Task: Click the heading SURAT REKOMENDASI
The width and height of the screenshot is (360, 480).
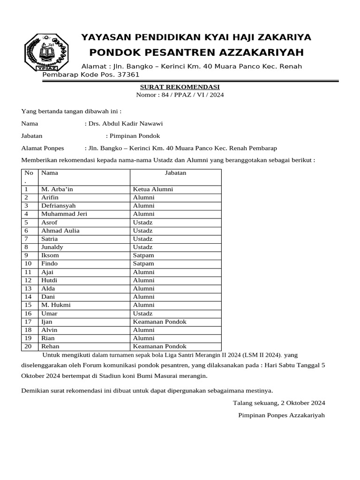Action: coord(180,87)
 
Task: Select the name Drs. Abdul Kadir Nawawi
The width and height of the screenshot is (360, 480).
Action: coord(126,124)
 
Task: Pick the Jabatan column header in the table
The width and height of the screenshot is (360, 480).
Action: coord(175,173)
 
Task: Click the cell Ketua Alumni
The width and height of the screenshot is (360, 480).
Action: coord(153,189)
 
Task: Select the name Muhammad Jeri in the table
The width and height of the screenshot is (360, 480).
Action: coord(64,214)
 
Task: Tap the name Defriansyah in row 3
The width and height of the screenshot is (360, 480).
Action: coord(58,206)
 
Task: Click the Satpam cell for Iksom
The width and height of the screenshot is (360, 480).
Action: coord(143,255)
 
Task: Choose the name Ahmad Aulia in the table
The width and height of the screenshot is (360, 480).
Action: coord(60,231)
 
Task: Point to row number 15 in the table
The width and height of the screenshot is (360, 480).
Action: coord(28,305)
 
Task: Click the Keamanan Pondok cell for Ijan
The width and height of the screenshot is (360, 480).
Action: coord(159,322)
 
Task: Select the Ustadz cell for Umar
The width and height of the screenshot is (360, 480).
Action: coord(142,313)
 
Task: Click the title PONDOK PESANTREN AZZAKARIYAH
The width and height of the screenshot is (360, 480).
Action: coord(196,52)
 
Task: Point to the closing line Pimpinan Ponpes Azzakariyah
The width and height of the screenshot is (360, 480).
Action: coord(281,415)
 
